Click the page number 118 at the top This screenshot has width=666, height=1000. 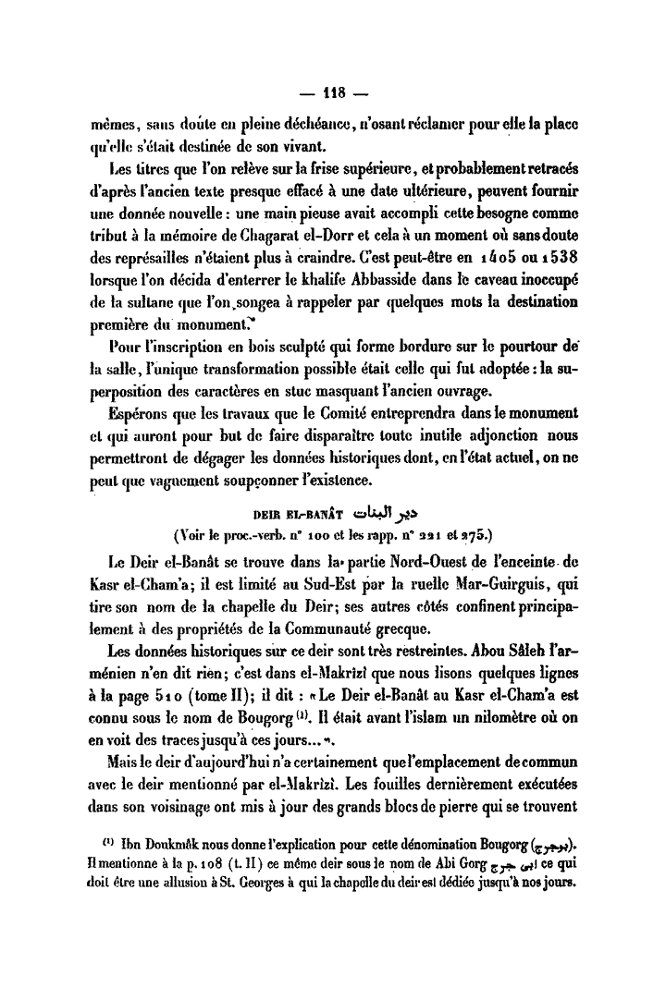[332, 91]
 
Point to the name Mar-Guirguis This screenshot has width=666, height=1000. [506, 583]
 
